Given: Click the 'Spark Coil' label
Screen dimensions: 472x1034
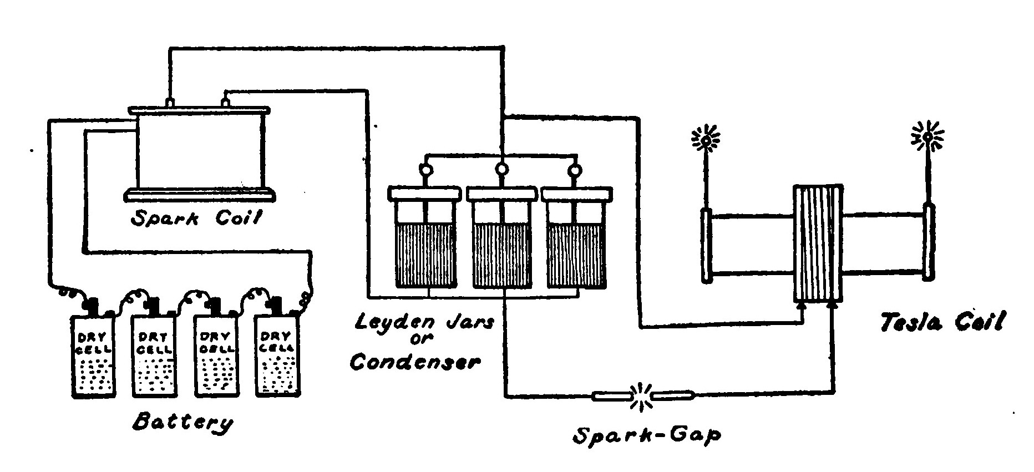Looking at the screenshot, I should (195, 218).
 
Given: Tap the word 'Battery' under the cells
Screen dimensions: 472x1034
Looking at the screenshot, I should (183, 423).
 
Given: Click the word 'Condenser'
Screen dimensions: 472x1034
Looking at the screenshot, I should (414, 362).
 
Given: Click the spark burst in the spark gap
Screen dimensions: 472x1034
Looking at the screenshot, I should (642, 396).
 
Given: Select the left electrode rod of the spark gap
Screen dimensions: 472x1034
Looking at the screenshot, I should (612, 396).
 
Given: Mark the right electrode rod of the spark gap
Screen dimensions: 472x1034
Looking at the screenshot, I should (673, 396).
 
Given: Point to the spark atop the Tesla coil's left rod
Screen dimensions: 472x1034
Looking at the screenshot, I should (705, 139).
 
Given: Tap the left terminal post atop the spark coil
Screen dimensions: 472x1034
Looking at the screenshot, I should (170, 102).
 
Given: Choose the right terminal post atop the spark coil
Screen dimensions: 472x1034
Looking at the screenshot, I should (225, 102).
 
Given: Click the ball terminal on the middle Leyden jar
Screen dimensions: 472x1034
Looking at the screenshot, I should (501, 169).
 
